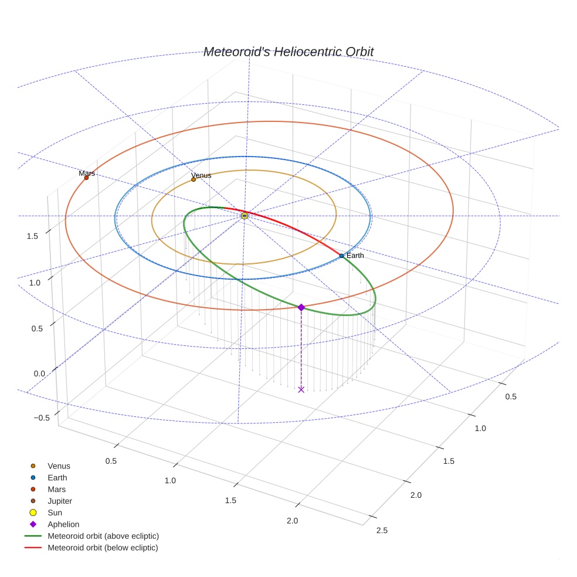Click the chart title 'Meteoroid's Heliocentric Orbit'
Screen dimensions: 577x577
tap(288, 52)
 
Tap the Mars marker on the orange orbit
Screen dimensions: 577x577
tap(86, 178)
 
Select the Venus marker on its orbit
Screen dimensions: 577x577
tap(194, 179)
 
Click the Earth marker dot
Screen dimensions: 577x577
tap(341, 256)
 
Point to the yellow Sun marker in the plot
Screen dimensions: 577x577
tap(245, 216)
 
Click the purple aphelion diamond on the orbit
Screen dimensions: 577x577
tap(301, 307)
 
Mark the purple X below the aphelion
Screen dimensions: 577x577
tap(301, 389)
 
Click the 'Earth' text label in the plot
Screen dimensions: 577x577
tap(355, 256)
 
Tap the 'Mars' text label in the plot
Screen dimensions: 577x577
tap(87, 173)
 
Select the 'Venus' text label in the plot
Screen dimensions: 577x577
tap(201, 175)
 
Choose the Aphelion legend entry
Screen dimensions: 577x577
tap(63, 524)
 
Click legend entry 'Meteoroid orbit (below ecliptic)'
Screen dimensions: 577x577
tap(103, 548)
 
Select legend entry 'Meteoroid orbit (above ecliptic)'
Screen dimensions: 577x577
tap(103, 536)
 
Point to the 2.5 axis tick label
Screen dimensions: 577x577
tap(382, 531)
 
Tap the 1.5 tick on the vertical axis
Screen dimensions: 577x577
tap(32, 236)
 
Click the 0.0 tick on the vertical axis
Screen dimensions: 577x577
tap(39, 374)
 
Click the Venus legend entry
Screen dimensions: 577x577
tap(59, 466)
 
